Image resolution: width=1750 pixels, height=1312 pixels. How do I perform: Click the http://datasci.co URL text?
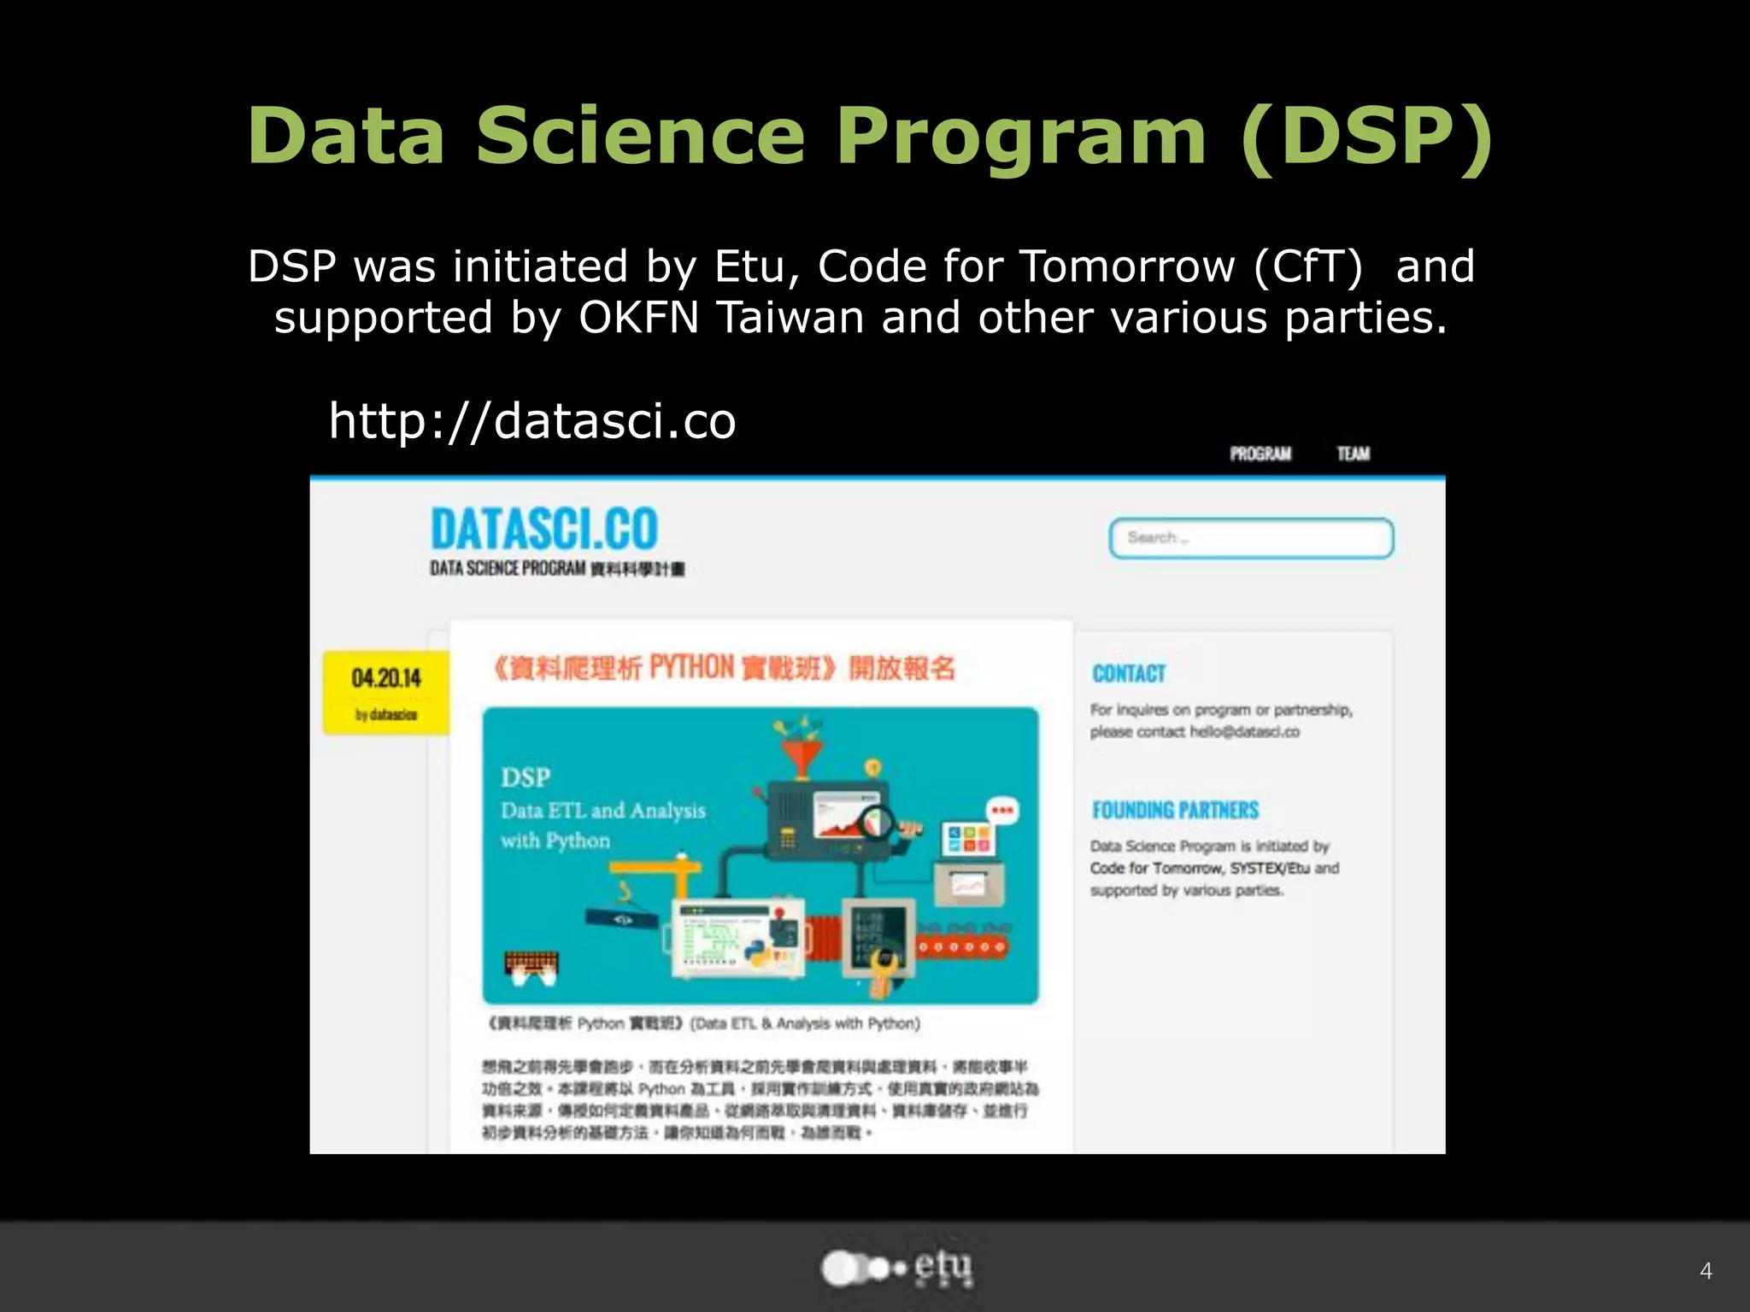[x=532, y=420]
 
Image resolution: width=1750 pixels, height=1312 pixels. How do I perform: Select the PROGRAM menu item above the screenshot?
[x=1260, y=454]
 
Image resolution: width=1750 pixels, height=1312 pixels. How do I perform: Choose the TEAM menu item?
[x=1354, y=454]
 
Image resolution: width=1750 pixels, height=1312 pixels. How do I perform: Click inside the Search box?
[x=1251, y=538]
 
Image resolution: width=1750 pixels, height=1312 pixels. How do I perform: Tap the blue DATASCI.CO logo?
[x=544, y=529]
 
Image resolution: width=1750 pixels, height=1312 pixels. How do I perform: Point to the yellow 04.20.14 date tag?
[x=386, y=692]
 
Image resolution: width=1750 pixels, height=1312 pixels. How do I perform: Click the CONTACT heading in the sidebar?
[x=1129, y=674]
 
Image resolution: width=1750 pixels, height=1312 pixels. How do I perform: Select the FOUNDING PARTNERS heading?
[x=1176, y=810]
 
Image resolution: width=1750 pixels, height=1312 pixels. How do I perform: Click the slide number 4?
[x=1706, y=1271]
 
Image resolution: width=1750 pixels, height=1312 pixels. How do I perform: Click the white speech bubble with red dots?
[x=1002, y=810]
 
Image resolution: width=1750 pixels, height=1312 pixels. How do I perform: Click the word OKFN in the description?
[x=639, y=318]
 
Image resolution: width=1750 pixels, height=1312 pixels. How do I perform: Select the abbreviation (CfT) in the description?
[x=1308, y=266]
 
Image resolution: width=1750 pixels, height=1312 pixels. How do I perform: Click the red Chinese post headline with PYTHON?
[x=724, y=667]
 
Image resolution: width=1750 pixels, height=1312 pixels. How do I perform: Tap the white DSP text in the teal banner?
[x=526, y=777]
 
